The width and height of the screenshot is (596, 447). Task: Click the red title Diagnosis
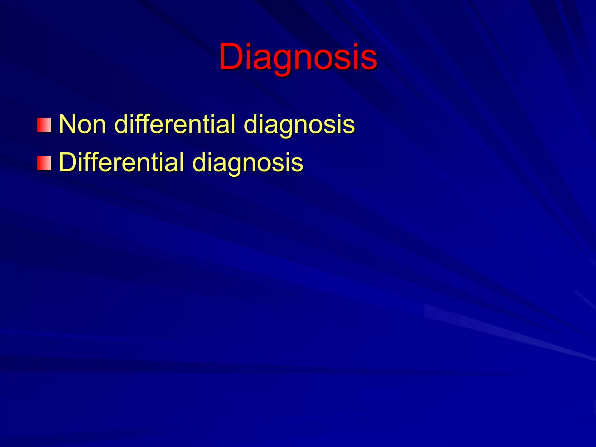298,57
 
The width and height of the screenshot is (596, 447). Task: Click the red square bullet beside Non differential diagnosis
44,125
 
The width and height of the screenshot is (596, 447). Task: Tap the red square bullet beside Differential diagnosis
44,163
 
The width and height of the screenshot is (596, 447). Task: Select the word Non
82,124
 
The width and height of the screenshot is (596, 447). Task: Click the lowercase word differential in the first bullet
175,124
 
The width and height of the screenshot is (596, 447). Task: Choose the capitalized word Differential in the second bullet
121,162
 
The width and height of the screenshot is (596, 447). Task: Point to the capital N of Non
67,124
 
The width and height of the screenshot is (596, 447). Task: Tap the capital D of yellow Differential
67,162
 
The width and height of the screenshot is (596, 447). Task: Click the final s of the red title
369,60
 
